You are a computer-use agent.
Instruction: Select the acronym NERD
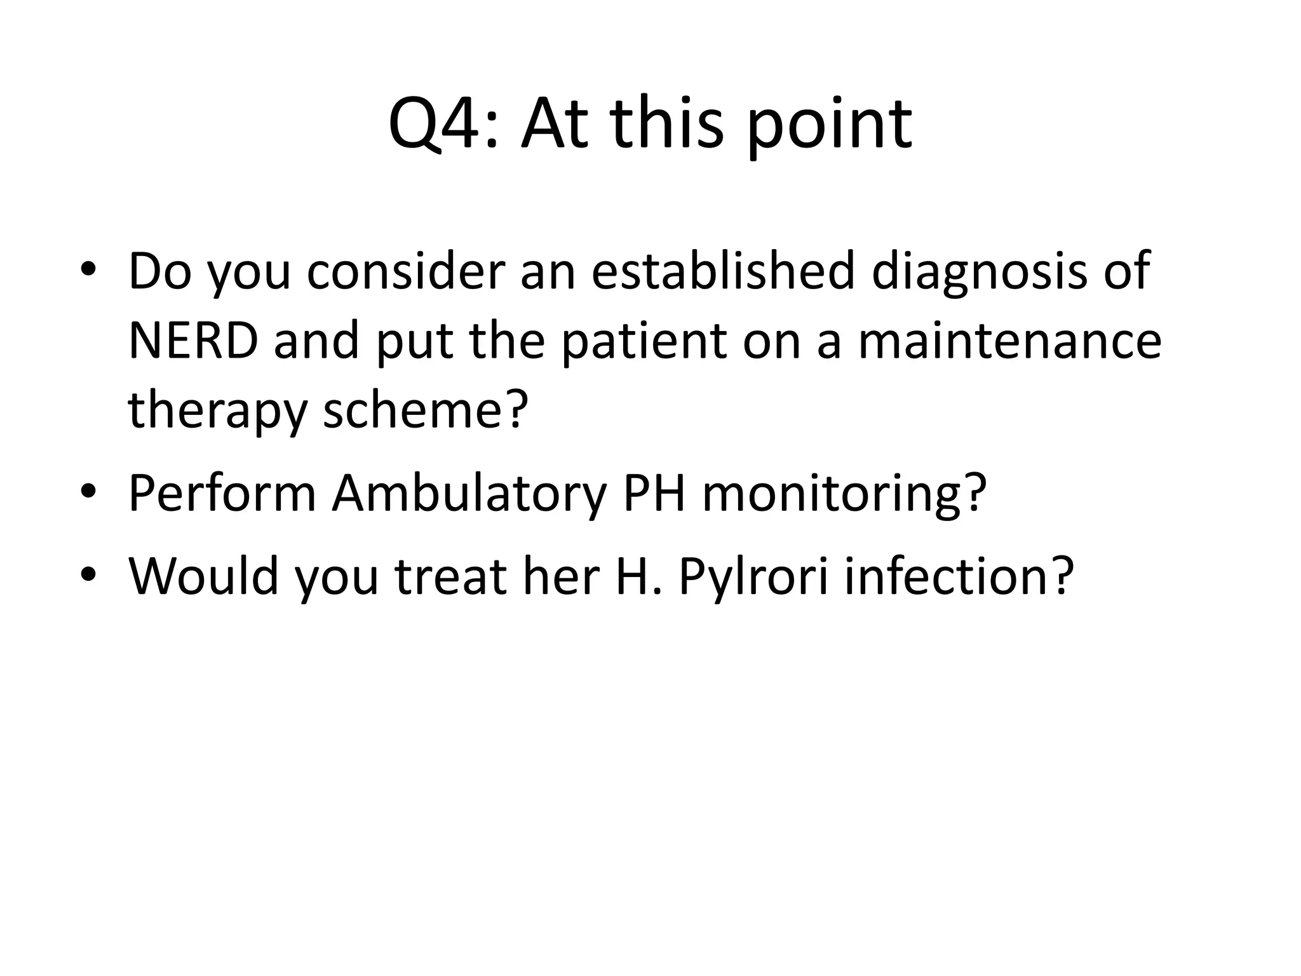(193, 341)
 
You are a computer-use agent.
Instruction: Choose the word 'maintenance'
(1009, 341)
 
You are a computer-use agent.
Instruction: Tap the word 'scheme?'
(425, 410)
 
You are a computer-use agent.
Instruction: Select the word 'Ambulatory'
(469, 494)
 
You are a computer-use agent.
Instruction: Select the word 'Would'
(203, 576)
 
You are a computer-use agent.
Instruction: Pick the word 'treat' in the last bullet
(450, 576)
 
